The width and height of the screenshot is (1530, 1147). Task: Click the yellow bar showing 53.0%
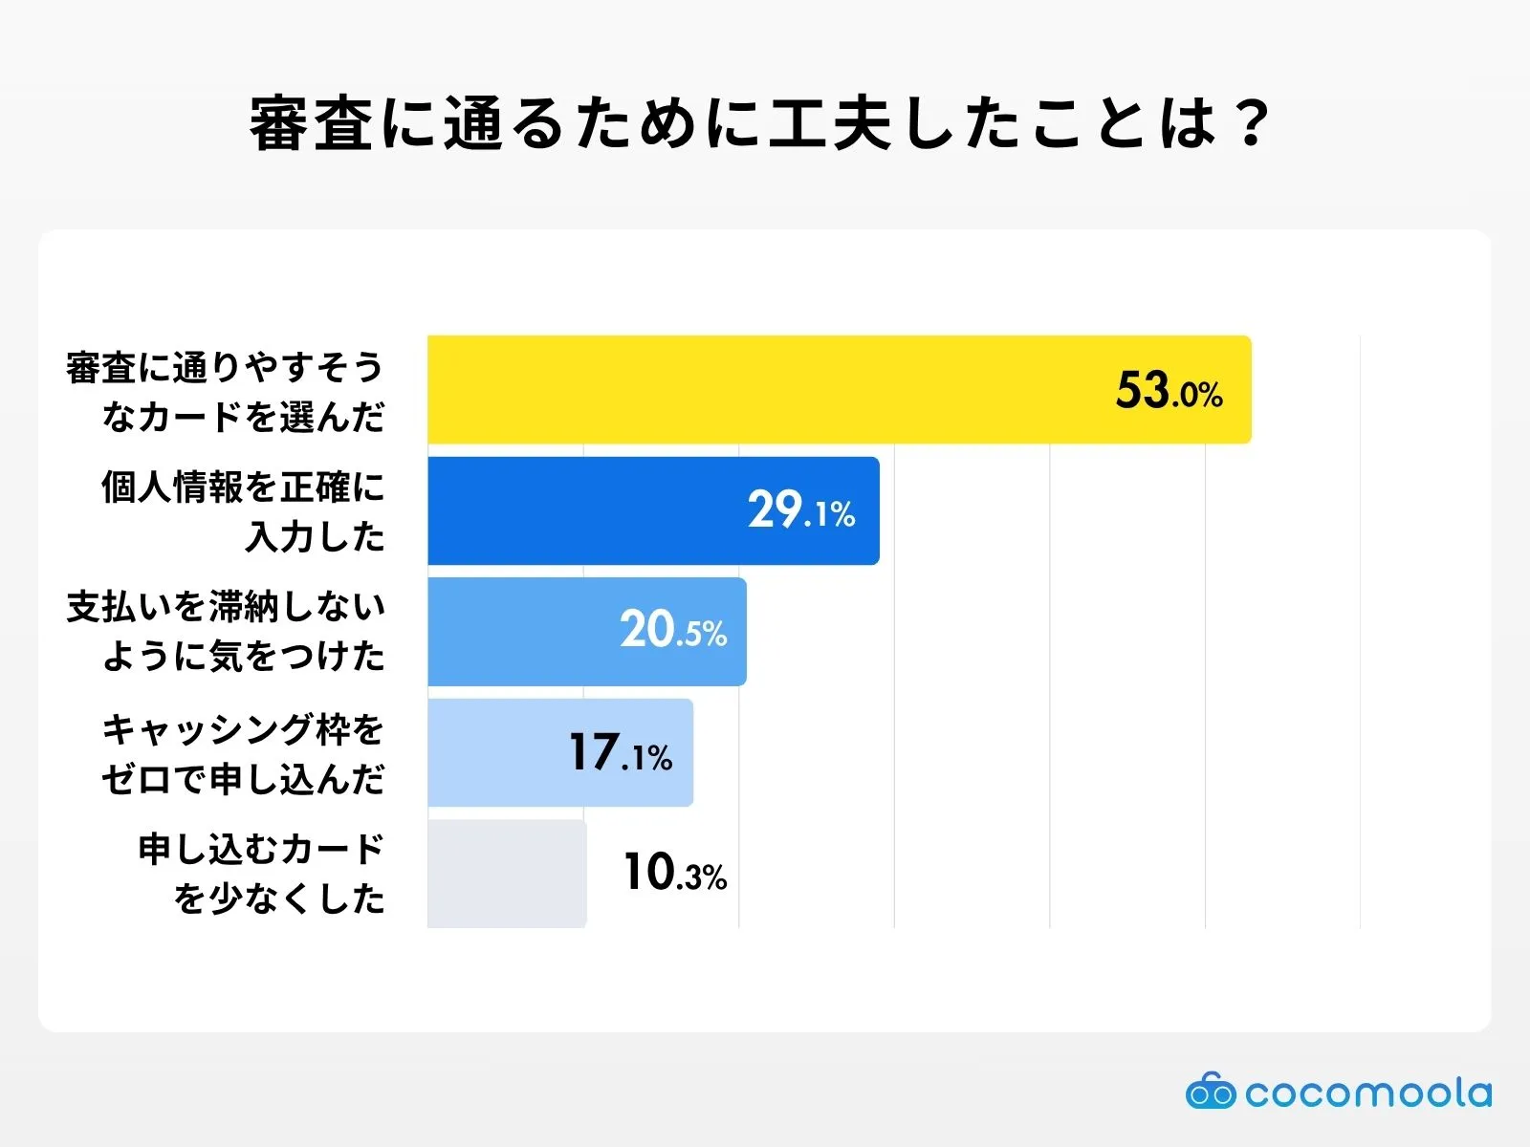coord(765,390)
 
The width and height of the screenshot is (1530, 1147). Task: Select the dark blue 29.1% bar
coord(593,511)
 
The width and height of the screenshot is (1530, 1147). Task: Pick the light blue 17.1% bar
coord(497,753)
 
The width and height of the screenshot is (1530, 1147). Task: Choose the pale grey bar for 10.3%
coord(507,874)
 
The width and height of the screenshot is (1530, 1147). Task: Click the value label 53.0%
coord(1169,391)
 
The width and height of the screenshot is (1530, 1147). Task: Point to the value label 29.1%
coord(801,511)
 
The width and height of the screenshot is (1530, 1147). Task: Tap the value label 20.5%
coord(673,631)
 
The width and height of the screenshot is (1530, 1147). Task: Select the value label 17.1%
coord(621,753)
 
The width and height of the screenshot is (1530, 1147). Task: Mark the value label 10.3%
coord(675,874)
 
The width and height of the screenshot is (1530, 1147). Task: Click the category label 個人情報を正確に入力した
coord(244,511)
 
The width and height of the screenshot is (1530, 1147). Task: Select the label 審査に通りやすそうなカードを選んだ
coord(226,391)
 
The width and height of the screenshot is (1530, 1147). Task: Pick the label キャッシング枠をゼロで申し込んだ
coord(244,753)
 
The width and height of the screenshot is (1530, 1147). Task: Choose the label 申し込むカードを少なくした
coord(261,874)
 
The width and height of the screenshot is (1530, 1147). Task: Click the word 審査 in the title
coord(310,124)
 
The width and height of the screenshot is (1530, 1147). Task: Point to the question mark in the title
coord(1250,124)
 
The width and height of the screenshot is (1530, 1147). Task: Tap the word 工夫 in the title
coord(830,124)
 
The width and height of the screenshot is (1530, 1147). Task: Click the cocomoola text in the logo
coord(1367,1093)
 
